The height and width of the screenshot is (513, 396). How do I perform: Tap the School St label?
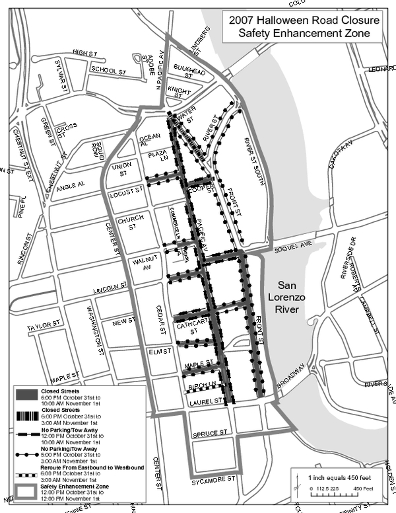pyautogui.click(x=109, y=70)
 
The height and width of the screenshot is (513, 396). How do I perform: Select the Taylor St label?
pyautogui.click(x=43, y=327)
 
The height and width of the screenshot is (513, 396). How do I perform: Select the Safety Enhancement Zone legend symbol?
pyautogui.click(x=25, y=491)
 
